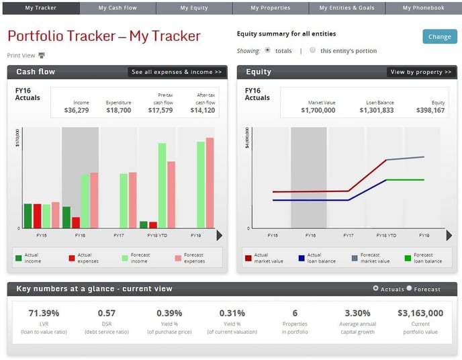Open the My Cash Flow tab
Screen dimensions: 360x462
click(118, 8)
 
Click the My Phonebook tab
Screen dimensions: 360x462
click(423, 8)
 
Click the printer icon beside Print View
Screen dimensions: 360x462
click(41, 56)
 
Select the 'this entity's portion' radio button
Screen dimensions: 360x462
click(313, 50)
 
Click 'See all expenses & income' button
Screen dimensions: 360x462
click(177, 72)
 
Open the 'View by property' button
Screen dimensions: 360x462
click(421, 72)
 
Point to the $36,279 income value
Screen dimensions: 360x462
click(77, 110)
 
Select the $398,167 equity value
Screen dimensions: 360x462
click(430, 110)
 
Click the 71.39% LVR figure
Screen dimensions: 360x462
click(44, 313)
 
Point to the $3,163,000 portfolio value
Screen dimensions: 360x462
click(420, 313)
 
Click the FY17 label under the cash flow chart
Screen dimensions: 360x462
click(119, 236)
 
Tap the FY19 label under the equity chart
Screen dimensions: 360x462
click(424, 236)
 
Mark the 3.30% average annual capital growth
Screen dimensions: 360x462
click(357, 313)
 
